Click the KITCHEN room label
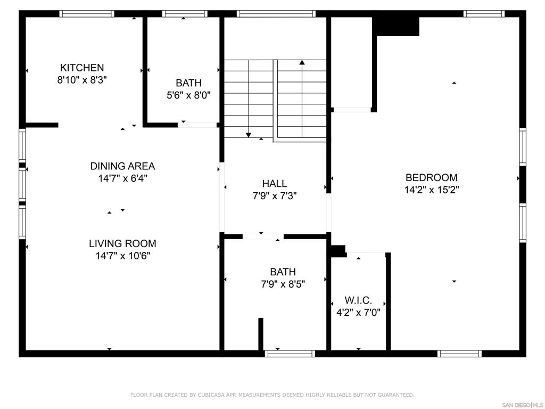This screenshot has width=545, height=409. click(81, 68)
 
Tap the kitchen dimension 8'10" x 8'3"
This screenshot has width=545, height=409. click(81, 80)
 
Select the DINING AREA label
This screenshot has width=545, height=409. click(122, 166)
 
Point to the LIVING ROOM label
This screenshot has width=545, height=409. click(122, 243)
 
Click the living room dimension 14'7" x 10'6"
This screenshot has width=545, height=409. click(122, 256)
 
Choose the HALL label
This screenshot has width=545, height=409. click(275, 184)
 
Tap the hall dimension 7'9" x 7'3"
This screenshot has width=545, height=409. click(275, 196)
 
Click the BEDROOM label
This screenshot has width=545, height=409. click(431, 177)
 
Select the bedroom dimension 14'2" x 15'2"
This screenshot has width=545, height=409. click(431, 190)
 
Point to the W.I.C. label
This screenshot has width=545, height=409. click(358, 300)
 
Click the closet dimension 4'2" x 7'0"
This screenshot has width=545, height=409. click(358, 313)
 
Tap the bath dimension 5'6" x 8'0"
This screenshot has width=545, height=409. click(189, 96)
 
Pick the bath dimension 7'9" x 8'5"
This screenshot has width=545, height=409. click(283, 284)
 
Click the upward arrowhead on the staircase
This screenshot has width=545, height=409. click(302, 62)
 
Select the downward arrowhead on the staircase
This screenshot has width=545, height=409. click(249, 135)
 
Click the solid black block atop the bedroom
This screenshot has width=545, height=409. click(397, 26)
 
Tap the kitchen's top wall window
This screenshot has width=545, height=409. click(87, 14)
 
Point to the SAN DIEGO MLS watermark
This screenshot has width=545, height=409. click(523, 404)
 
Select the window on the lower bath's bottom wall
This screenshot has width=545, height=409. click(290, 353)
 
